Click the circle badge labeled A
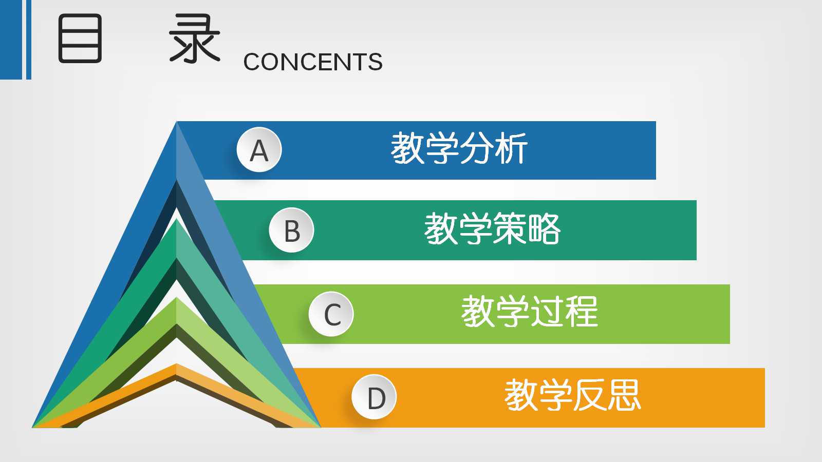click(259, 150)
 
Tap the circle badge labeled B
click(291, 230)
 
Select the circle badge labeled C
click(331, 314)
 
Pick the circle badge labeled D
click(375, 397)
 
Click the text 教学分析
click(459, 149)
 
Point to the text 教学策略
click(492, 229)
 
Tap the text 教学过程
click(529, 312)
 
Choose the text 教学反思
click(572, 396)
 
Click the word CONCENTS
click(313, 62)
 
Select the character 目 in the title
click(80, 38)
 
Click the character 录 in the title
click(195, 38)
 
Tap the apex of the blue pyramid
click(176, 123)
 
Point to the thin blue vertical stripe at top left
click(29, 40)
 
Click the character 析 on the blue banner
click(511, 149)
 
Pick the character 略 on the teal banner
click(544, 229)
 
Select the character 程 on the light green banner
click(581, 312)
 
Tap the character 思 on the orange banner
click(624, 396)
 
